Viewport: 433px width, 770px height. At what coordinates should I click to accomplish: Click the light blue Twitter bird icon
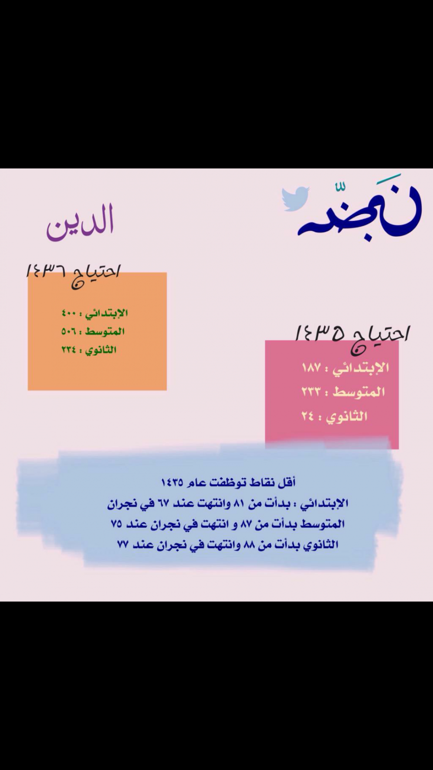(296, 199)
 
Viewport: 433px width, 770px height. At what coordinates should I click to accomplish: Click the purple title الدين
(80, 221)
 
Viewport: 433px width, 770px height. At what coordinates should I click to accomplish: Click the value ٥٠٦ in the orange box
(68, 331)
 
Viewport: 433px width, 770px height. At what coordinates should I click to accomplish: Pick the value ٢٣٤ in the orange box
(68, 350)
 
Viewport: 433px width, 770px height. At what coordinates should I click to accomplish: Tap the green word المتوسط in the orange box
(105, 331)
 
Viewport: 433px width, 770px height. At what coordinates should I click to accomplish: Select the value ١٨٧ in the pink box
(311, 368)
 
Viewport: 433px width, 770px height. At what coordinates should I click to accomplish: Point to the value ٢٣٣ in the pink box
(311, 392)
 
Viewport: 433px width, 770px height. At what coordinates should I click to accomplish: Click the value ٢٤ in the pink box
(308, 416)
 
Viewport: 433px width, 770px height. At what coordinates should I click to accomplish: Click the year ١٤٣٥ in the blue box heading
(172, 482)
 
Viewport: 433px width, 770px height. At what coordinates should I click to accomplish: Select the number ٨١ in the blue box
(239, 504)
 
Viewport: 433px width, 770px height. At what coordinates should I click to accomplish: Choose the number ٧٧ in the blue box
(123, 544)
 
